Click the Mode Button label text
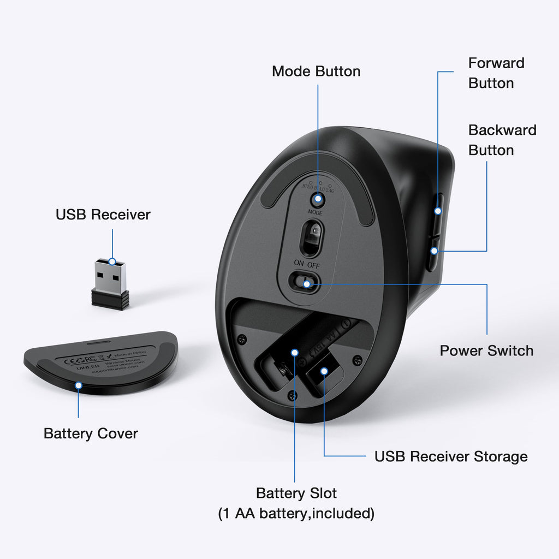click(x=316, y=72)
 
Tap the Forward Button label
click(x=496, y=73)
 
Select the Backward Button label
click(x=502, y=140)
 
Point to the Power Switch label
click(x=486, y=350)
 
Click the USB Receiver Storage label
click(x=451, y=456)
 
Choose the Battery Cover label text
click(x=91, y=434)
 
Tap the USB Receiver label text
click(x=103, y=215)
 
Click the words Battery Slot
click(x=296, y=493)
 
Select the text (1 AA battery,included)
click(x=296, y=514)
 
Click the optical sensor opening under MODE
click(x=312, y=238)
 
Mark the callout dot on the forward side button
click(x=438, y=211)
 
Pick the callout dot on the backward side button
click(x=434, y=251)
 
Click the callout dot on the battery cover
click(x=79, y=385)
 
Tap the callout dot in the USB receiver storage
click(x=324, y=371)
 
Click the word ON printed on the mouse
click(x=299, y=263)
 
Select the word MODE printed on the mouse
click(x=315, y=213)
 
